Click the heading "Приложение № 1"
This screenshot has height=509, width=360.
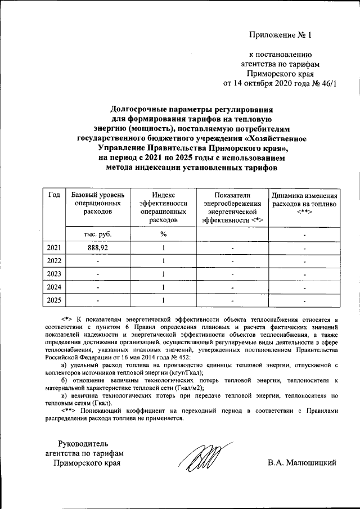click(x=280, y=35)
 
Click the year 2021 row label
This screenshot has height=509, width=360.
click(x=55, y=247)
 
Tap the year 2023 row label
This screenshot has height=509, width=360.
click(x=55, y=274)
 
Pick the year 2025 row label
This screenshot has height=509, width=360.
click(x=55, y=300)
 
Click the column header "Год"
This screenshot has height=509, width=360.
click(x=55, y=195)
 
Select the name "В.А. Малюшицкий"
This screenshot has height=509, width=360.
click(x=302, y=463)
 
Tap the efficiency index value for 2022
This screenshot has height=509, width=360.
click(x=163, y=261)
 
